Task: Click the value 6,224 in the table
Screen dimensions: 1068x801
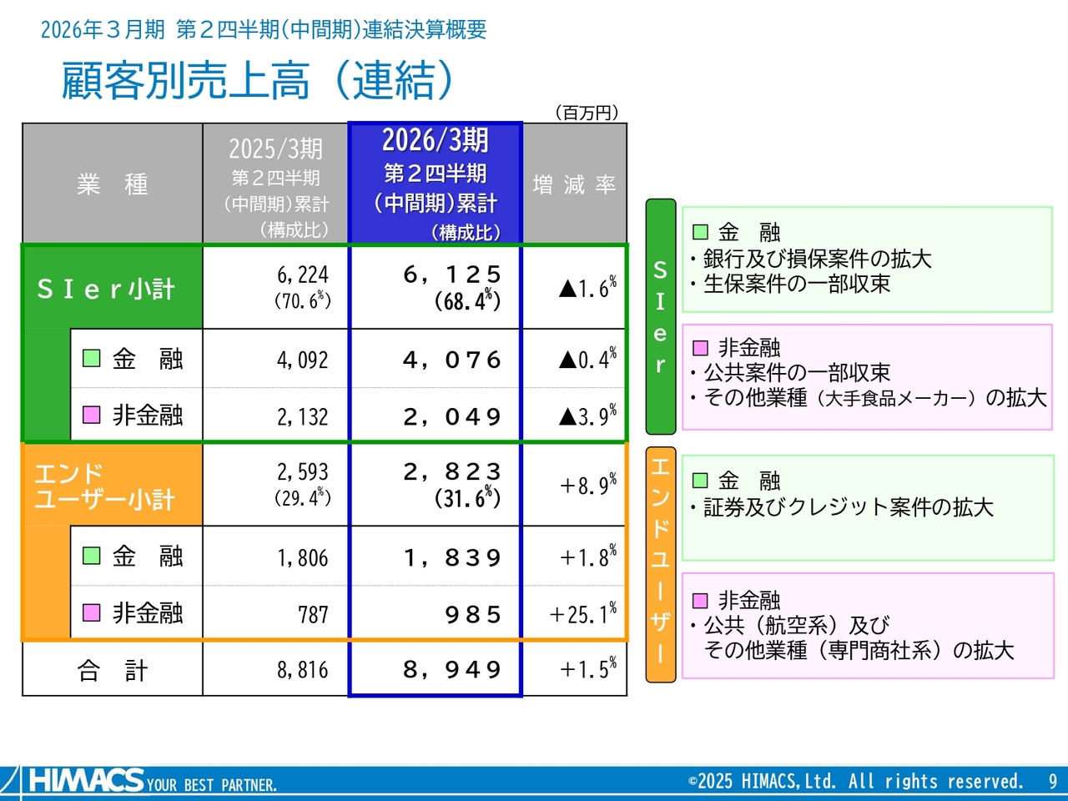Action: (303, 275)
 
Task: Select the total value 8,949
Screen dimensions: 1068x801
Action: (452, 669)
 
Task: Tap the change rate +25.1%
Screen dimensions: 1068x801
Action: (583, 613)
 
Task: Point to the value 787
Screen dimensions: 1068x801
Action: (314, 615)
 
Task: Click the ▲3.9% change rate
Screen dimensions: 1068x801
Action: (587, 416)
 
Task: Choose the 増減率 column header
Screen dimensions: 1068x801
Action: (575, 184)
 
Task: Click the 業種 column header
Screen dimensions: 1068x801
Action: (113, 184)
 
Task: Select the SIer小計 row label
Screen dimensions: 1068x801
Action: (106, 290)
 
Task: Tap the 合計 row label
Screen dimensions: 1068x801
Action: (113, 670)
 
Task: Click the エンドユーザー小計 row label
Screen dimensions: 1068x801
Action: (104, 486)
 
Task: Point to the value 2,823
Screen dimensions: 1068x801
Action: (452, 471)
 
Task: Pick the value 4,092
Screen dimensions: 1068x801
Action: (303, 360)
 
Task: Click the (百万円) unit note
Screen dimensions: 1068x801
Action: (587, 113)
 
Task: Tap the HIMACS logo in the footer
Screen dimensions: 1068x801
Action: (87, 779)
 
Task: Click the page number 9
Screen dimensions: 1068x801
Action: (1052, 782)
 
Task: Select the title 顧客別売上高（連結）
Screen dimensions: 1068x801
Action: (258, 81)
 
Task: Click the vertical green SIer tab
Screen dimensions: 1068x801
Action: (661, 316)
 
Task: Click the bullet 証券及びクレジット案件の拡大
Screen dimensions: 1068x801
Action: (842, 507)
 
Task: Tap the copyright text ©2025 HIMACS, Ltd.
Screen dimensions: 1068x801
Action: (762, 782)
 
